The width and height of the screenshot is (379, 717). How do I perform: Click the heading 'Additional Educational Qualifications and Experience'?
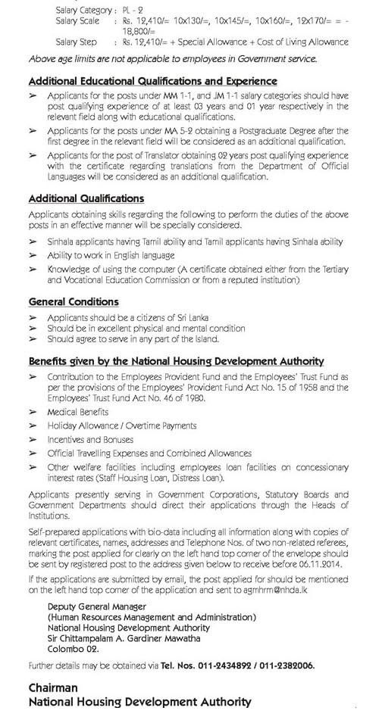(152, 80)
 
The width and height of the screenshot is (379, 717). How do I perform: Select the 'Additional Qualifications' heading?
(86, 198)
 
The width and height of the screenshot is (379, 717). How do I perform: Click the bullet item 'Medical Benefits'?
(77, 412)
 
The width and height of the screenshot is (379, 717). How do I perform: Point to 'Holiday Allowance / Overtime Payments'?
(121, 426)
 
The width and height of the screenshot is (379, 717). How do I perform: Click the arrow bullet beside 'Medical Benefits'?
(33, 412)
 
